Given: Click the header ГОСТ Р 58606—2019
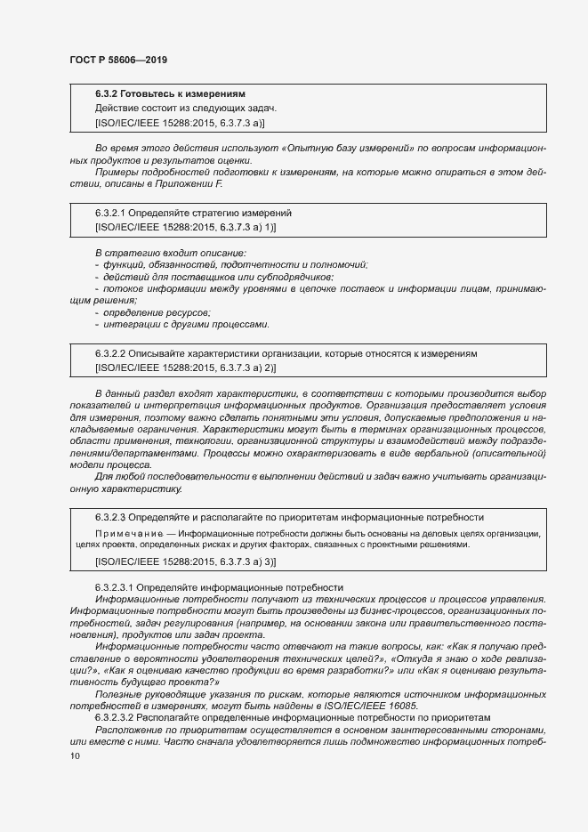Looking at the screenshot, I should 117,60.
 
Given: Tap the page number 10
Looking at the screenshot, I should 75,755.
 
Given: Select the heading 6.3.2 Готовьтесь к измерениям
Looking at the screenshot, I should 170,93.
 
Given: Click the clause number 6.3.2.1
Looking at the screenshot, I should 111,214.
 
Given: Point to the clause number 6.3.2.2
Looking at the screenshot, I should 111,353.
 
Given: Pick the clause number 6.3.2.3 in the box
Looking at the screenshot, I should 111,516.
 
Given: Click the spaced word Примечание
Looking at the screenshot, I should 125,533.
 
